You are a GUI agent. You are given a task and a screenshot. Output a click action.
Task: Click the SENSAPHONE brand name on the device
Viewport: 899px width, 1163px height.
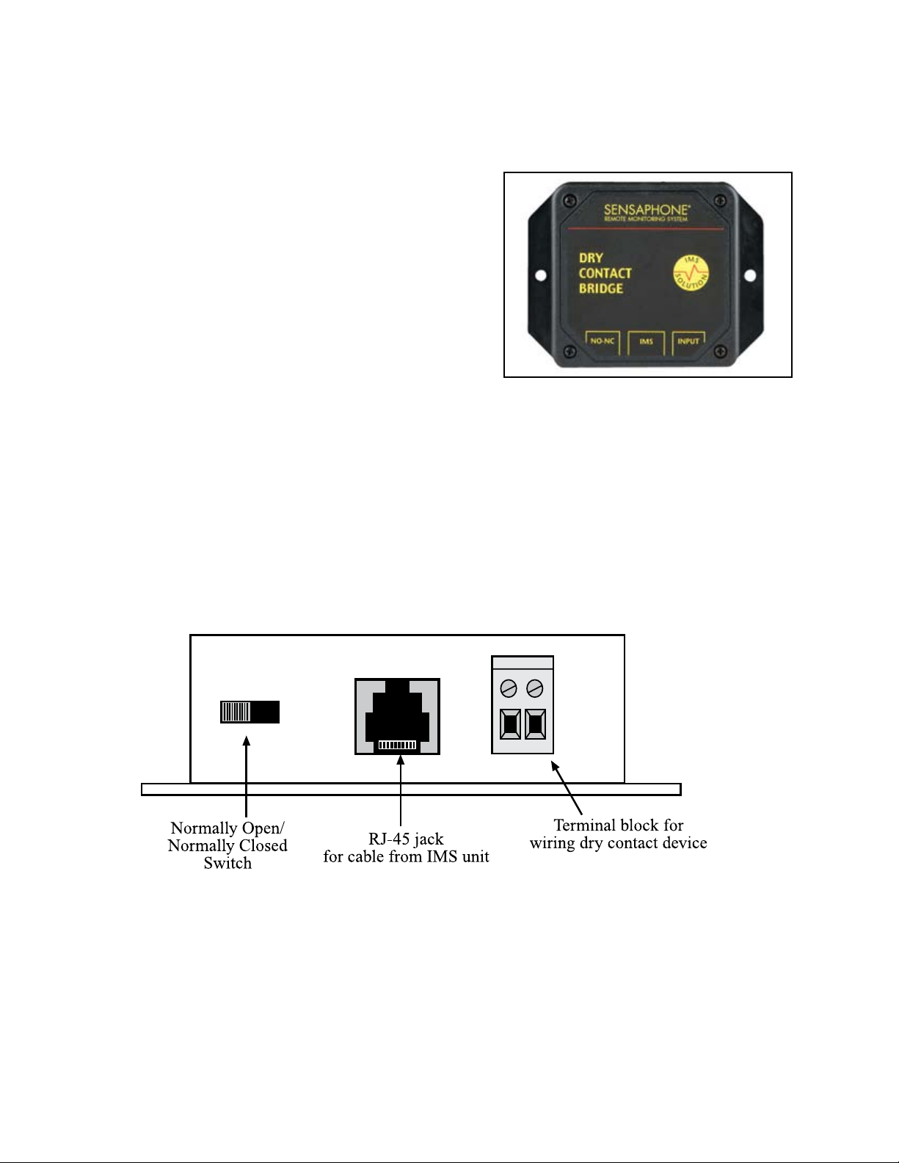click(x=646, y=209)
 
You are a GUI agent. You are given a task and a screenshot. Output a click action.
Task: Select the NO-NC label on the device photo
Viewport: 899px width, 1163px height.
click(x=602, y=341)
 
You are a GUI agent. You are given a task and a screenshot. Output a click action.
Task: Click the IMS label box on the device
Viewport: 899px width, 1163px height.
click(x=646, y=341)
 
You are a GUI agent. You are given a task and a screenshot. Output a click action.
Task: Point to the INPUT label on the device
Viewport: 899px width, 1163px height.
click(x=688, y=341)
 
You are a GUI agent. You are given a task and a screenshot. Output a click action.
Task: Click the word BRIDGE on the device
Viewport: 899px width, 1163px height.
click(x=601, y=288)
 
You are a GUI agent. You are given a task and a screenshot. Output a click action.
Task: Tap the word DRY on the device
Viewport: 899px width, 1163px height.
click(x=591, y=258)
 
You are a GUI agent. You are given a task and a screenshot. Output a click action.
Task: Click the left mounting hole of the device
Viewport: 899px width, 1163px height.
click(x=541, y=277)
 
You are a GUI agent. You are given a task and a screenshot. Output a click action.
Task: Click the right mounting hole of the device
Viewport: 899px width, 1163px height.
click(x=751, y=275)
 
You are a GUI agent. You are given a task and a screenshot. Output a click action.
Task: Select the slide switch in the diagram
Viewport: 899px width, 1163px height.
click(x=250, y=712)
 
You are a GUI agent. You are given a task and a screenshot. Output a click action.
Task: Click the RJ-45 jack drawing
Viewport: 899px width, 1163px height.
click(x=397, y=717)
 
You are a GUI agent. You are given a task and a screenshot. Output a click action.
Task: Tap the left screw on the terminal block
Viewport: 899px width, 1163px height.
click(x=509, y=688)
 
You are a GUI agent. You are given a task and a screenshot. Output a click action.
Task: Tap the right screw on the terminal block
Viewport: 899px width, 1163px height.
click(x=535, y=688)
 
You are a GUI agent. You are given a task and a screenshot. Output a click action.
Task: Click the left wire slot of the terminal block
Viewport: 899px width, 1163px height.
click(x=510, y=724)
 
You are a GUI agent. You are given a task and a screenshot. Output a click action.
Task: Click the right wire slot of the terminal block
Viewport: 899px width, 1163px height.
click(x=536, y=724)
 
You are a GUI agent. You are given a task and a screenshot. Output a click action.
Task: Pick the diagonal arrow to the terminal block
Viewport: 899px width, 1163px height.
click(x=567, y=786)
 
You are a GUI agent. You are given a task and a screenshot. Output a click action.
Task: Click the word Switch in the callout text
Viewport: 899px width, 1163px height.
click(x=228, y=863)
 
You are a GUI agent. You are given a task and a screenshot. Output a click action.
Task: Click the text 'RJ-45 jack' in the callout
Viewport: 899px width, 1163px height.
click(x=406, y=839)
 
